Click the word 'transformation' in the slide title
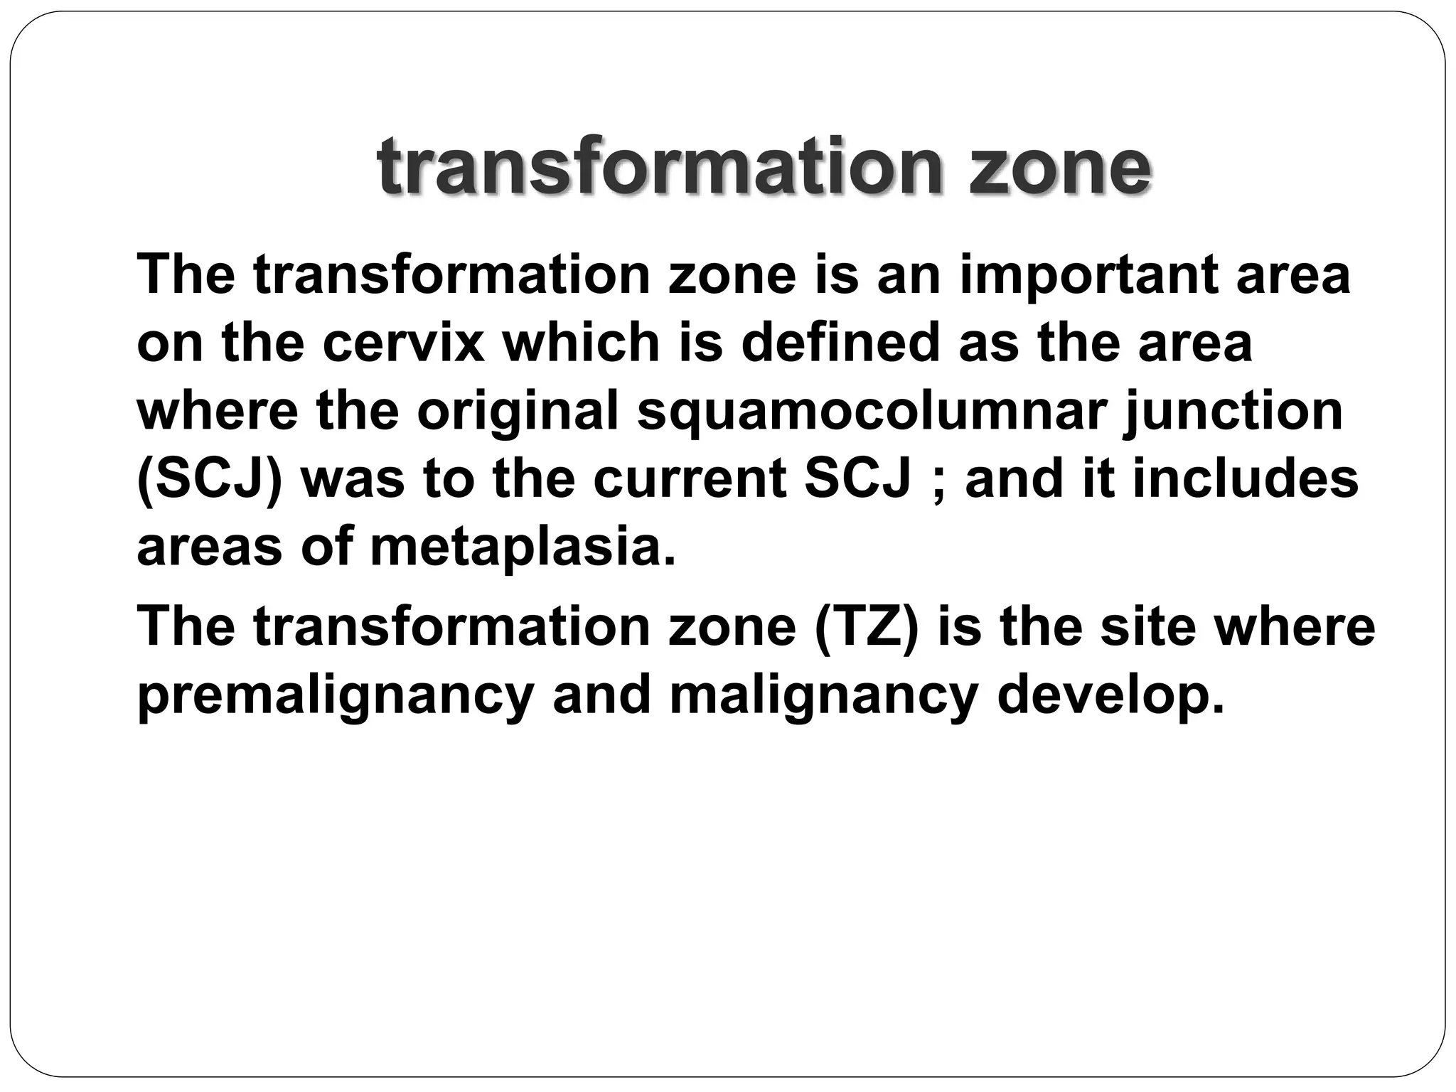click(x=661, y=168)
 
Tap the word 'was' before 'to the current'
click(x=353, y=481)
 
